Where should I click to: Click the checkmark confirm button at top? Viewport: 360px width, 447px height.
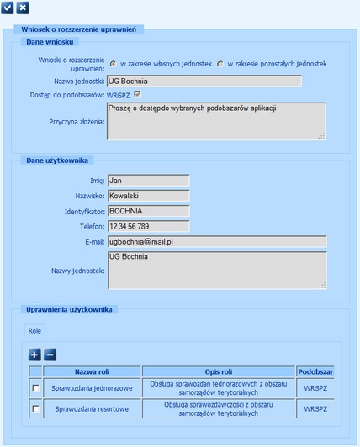(8, 8)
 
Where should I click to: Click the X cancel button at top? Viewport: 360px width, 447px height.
(23, 8)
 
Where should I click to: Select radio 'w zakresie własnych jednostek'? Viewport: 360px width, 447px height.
(114, 64)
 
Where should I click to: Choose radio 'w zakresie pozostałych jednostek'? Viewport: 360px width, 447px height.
(220, 64)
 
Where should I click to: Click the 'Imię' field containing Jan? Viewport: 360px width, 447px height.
(148, 180)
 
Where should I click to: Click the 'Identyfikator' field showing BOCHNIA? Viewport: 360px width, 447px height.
(148, 211)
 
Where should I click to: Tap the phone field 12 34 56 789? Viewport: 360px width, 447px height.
(148, 226)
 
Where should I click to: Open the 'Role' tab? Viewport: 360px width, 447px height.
(35, 331)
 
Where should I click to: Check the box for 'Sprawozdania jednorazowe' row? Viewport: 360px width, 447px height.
(35, 387)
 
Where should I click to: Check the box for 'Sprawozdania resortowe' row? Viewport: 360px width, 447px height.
(35, 409)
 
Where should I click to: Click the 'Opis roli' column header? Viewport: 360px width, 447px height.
(218, 371)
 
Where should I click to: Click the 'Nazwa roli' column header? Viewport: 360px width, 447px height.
(93, 371)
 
